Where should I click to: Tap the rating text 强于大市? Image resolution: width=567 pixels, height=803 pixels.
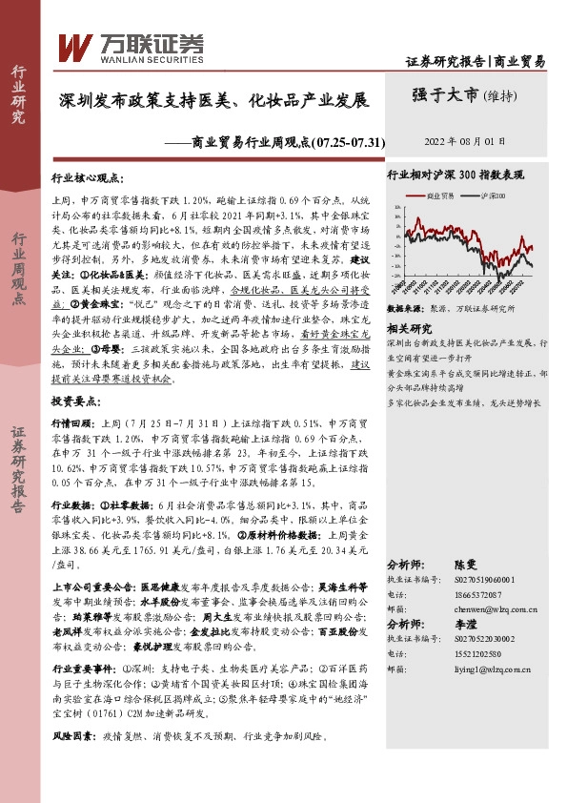pyautogui.click(x=445, y=94)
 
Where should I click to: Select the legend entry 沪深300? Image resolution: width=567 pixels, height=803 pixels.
pyautogui.click(x=490, y=195)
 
